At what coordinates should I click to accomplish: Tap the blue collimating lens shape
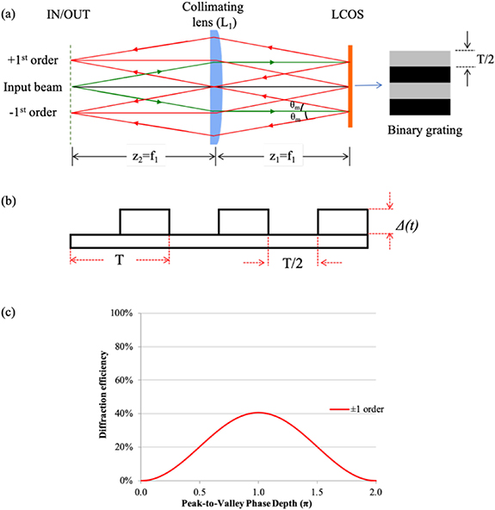click(215, 86)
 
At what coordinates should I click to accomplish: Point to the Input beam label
click(32, 86)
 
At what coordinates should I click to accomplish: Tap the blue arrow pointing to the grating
click(370, 85)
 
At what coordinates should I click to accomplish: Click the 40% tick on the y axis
click(128, 414)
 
